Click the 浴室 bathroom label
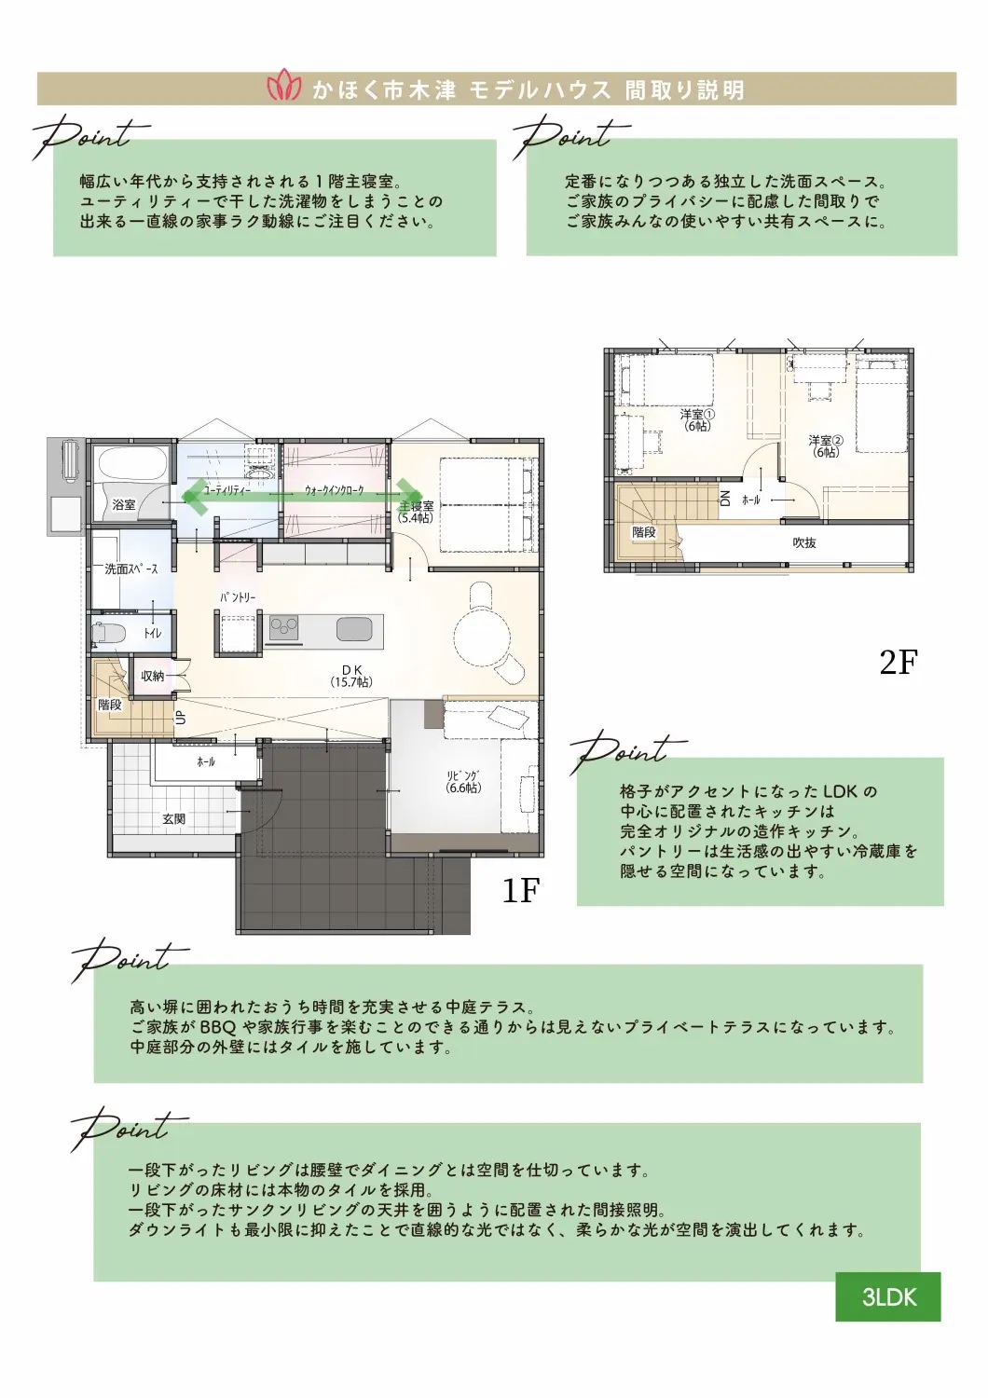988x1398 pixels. click(124, 504)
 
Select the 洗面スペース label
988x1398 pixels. click(131, 569)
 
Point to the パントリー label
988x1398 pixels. click(238, 597)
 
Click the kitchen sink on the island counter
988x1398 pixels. click(354, 628)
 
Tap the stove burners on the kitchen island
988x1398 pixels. click(284, 627)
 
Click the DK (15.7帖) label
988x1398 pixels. click(351, 676)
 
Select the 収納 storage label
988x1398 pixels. click(152, 676)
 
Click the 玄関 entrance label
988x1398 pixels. click(174, 819)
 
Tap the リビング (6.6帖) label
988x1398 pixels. click(464, 781)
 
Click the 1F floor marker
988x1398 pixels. click(520, 891)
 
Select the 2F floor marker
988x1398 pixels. click(899, 662)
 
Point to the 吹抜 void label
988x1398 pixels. click(804, 542)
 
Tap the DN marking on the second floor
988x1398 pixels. click(724, 498)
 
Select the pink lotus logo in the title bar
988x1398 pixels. click(284, 89)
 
